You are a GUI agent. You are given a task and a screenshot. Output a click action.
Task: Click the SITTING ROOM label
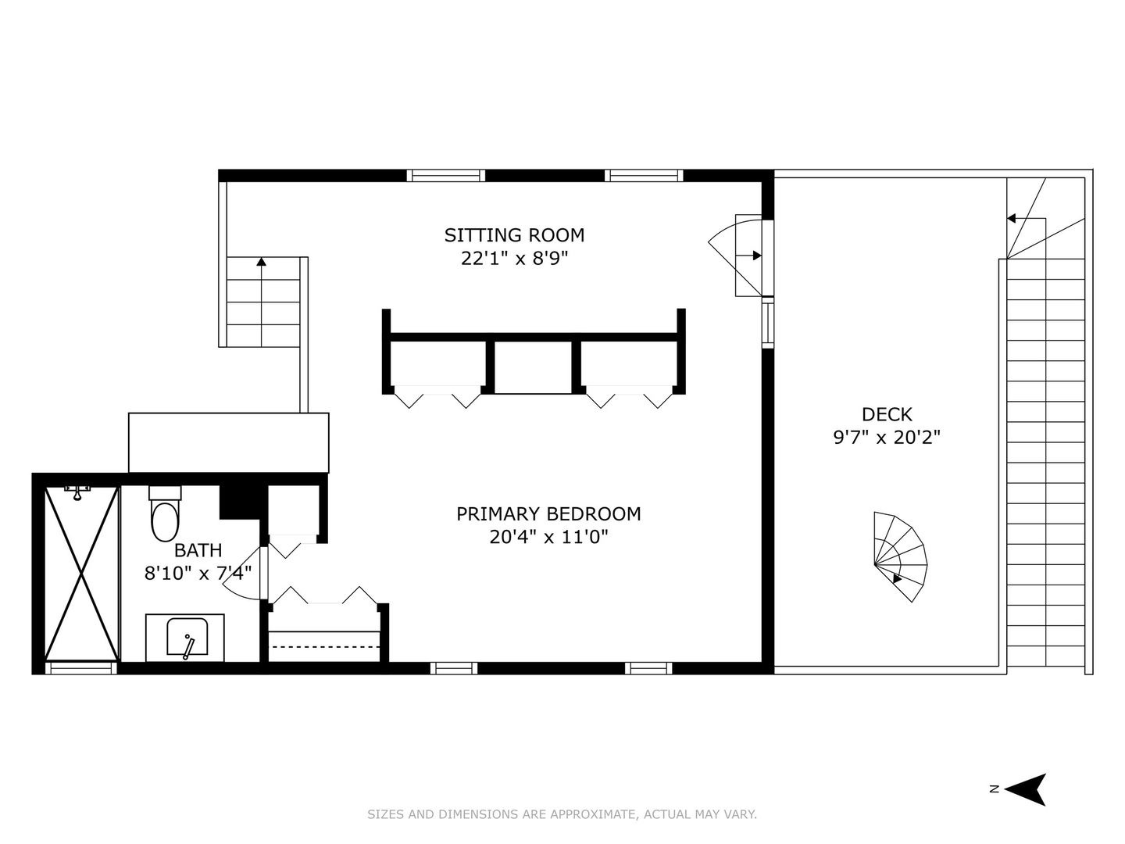(x=514, y=234)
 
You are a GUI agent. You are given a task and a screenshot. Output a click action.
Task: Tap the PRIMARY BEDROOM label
(x=548, y=513)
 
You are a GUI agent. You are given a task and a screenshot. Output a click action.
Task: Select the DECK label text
(x=887, y=414)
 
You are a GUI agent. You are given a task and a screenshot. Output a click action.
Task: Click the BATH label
(x=198, y=550)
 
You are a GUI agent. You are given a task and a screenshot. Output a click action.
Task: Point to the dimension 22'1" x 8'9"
(x=514, y=258)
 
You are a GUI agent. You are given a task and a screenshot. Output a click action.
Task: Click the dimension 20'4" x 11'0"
(x=548, y=537)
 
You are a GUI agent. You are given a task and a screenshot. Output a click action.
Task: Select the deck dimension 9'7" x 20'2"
(x=887, y=437)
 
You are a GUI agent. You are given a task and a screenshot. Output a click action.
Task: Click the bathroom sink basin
(x=187, y=637)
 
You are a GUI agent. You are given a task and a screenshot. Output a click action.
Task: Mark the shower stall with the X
(x=81, y=574)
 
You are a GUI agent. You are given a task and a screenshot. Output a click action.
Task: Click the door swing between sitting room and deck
(x=738, y=254)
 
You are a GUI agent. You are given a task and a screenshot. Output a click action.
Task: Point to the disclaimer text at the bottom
(x=562, y=814)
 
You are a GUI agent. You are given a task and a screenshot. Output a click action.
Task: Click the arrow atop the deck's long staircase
(x=1011, y=219)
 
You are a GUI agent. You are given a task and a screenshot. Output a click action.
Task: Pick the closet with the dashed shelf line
(x=324, y=637)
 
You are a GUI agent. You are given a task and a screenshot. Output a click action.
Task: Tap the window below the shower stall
(x=81, y=668)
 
